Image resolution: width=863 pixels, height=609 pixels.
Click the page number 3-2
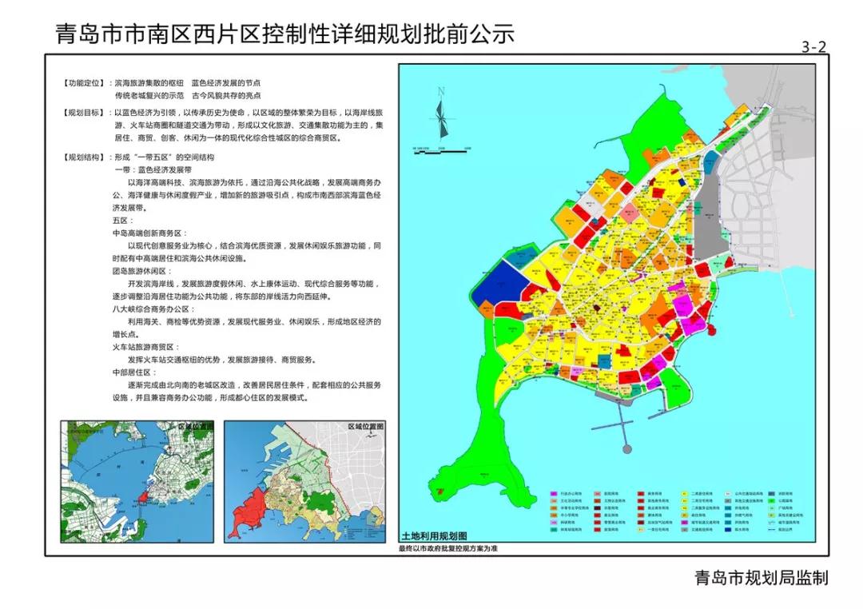[x=813, y=47]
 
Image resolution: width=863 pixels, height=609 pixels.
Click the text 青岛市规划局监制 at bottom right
[x=762, y=577]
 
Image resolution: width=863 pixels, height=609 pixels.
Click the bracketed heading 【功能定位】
[x=86, y=82]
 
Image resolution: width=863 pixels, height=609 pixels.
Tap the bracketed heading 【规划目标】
[x=86, y=113]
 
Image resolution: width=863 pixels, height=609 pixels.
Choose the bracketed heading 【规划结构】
[x=86, y=157]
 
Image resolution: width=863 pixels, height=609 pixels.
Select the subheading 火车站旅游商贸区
[x=148, y=348]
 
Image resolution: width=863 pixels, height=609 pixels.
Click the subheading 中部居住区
[x=133, y=372]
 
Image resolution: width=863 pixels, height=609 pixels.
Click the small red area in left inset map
[x=143, y=497]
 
